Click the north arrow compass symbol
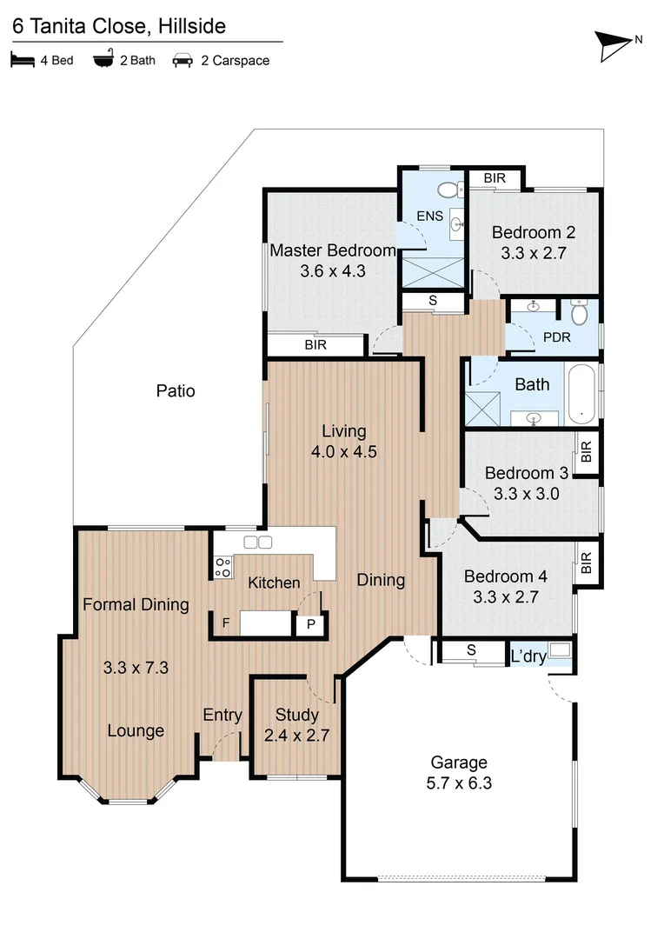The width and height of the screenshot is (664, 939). point(614,45)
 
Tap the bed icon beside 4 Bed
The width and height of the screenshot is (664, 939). point(21,61)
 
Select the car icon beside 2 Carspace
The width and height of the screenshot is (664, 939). point(183,61)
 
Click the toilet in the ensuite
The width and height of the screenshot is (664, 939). point(449,189)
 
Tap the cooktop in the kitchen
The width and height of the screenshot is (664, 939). point(222,568)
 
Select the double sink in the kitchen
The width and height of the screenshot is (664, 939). point(258,543)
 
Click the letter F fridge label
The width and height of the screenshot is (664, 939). point(226,623)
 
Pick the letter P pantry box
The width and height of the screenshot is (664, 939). point(309,624)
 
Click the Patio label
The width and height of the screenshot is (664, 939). point(176,391)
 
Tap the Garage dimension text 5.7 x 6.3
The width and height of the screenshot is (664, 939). point(459,782)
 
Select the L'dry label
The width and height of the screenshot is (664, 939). point(528,656)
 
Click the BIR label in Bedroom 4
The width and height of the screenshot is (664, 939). point(586,564)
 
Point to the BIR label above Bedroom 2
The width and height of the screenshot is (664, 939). point(495,178)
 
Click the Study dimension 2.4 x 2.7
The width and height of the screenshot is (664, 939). point(296,735)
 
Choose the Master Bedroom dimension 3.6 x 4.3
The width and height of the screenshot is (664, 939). point(332,270)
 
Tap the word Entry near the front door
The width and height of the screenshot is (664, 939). point(222,715)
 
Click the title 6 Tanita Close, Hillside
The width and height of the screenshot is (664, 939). point(118,27)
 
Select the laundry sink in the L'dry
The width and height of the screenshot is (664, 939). point(559,649)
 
